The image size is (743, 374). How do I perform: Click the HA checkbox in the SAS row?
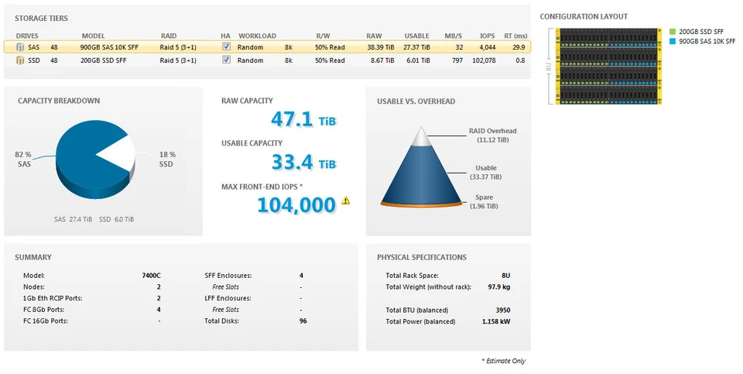(226, 46)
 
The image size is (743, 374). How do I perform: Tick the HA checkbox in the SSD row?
(226, 60)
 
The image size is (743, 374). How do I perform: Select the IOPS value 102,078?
(484, 60)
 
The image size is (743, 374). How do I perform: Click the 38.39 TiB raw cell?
(380, 46)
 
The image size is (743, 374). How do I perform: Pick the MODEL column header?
(93, 36)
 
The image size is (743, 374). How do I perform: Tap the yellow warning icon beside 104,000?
(346, 201)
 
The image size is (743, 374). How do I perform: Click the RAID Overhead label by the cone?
(492, 131)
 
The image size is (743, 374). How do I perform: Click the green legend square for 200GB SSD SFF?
(673, 32)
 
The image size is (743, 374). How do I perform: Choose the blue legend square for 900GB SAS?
(673, 40)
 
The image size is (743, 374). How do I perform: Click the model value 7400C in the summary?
(151, 275)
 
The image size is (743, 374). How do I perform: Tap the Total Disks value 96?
(303, 320)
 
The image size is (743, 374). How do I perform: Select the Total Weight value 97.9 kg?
(498, 287)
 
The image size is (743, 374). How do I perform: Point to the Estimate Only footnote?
(505, 361)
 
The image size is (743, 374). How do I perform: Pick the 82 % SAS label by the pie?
(23, 160)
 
